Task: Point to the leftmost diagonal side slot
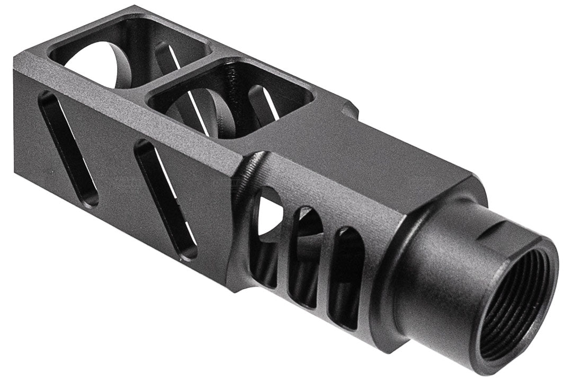[69, 148]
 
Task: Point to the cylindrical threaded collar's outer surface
[445, 276]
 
